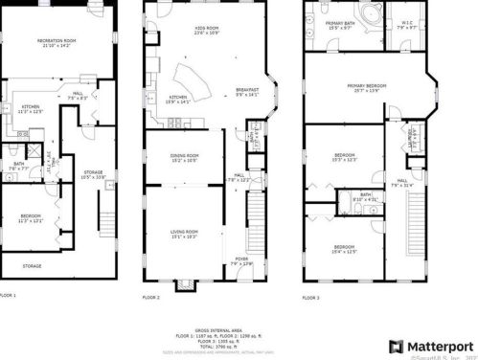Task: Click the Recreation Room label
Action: tap(57, 41)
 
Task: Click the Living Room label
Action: tap(184, 233)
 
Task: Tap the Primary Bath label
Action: tap(340, 24)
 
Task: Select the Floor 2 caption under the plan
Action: tap(150, 297)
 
